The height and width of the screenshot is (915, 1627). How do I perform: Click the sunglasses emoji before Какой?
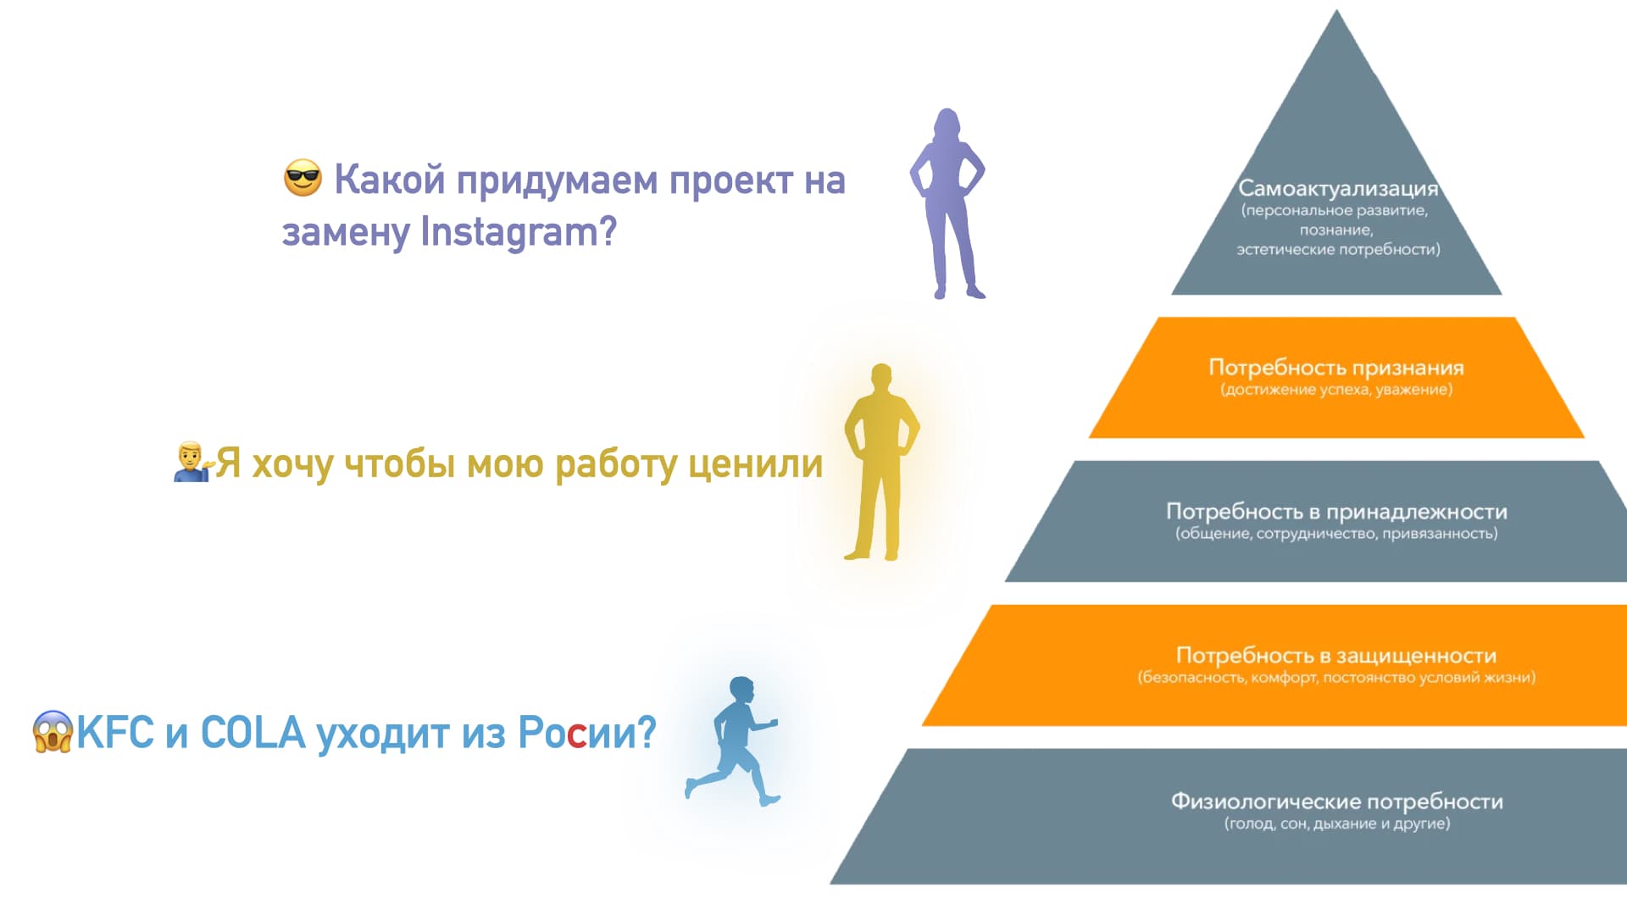coord(303,178)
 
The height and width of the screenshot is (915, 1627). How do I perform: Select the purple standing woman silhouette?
coord(947,203)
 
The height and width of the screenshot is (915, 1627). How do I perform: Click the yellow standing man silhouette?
coord(881,463)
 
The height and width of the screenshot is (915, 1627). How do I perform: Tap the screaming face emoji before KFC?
coord(53,732)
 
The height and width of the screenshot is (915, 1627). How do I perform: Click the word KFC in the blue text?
coord(115,733)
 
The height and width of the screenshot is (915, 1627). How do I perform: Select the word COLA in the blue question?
coord(253,733)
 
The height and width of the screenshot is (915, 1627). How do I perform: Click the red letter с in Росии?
coord(576,735)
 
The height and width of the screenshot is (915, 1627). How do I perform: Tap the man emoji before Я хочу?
coord(192,462)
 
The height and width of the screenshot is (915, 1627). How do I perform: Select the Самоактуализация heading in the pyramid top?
coord(1338,188)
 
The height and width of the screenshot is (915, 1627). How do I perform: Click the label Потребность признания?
coord(1336,367)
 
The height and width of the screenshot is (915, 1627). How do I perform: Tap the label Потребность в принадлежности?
coord(1336,511)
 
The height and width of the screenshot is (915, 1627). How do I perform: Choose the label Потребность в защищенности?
coord(1336,655)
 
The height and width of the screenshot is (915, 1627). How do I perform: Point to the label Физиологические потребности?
coord(1337,801)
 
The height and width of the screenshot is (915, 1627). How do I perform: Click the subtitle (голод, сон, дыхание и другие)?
coord(1337,823)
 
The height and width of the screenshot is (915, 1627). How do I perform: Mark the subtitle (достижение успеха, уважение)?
coord(1336,390)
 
